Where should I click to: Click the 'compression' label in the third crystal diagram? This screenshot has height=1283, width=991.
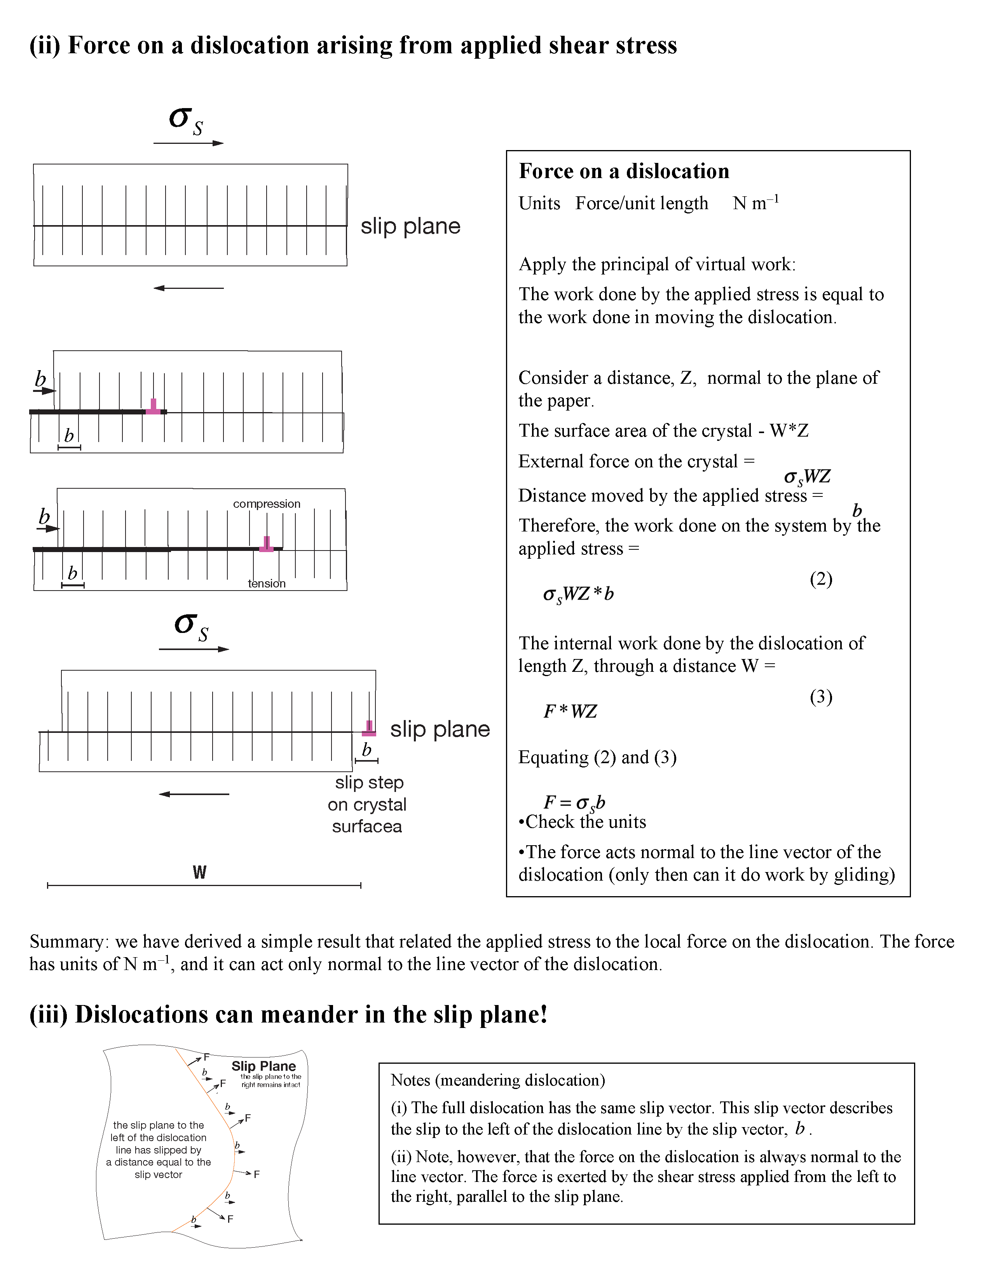point(267,503)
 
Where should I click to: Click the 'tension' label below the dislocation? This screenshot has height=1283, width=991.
point(267,583)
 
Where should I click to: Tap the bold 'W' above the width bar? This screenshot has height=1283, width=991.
point(200,872)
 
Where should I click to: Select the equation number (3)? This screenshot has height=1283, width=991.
point(821,696)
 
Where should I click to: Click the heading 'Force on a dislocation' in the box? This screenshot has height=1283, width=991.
point(623,171)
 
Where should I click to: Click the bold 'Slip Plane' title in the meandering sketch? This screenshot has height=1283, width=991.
point(263,1066)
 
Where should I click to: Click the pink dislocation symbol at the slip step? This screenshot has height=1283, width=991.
point(369,729)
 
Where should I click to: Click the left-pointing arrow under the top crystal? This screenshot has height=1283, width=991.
point(188,288)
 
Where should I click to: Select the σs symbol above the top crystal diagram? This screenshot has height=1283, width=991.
point(185,121)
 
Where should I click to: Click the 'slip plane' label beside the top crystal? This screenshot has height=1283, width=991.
point(410,226)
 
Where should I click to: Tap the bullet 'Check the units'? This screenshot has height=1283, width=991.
point(583,822)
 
